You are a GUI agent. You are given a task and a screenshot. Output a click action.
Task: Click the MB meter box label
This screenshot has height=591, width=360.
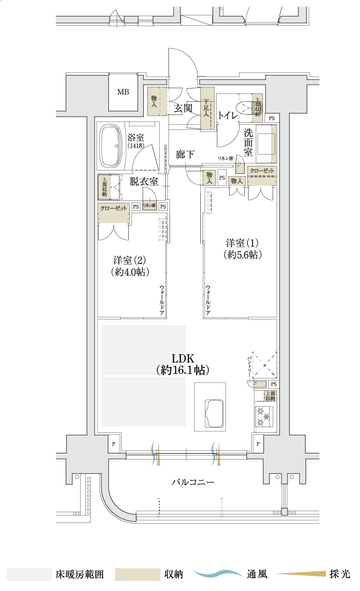click(123, 92)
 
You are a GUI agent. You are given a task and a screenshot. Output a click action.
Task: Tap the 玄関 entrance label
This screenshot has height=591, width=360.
click(183, 108)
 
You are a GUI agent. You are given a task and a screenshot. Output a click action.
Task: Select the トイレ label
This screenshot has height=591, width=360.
click(228, 116)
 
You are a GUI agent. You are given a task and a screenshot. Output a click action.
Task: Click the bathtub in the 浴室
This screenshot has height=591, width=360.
click(110, 146)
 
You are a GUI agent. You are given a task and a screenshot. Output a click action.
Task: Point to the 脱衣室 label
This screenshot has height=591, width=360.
click(144, 181)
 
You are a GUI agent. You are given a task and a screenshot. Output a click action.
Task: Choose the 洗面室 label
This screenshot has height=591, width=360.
click(248, 142)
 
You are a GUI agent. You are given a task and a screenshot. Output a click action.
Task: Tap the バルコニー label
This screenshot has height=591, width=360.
click(193, 482)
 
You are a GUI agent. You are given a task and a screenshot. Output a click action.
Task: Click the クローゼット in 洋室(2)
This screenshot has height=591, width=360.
click(113, 213)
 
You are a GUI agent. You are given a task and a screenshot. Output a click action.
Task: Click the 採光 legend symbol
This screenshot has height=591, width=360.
click(303, 574)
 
